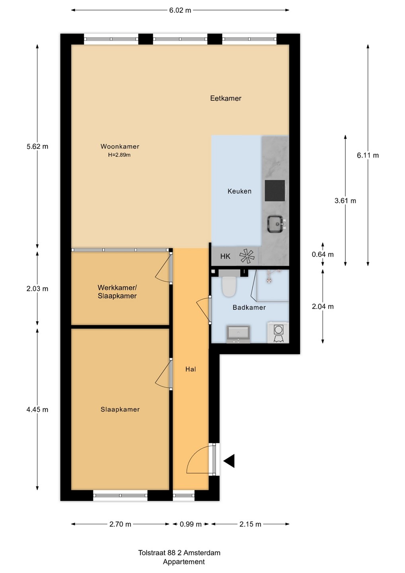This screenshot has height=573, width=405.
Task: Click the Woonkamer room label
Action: coord(120,146)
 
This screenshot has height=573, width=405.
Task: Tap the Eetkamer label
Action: coord(226,99)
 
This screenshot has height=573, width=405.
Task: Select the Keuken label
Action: coord(239,191)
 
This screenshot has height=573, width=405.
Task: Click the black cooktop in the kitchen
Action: coord(275,191)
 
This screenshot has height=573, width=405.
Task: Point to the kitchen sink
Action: coord(276,224)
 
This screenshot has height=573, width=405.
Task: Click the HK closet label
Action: coord(225,256)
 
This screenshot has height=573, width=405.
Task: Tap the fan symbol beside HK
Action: coord(247,256)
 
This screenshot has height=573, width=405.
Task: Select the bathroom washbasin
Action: coord(238,334)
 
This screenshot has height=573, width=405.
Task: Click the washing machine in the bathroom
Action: coord(278,332)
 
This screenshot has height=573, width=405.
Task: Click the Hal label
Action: coord(191,369)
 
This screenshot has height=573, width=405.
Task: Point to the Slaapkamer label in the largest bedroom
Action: coord(120,409)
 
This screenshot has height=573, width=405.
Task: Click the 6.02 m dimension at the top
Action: coord(180,10)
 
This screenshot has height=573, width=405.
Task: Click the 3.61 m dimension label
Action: coord(345,201)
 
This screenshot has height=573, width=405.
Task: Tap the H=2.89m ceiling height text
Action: coord(119,155)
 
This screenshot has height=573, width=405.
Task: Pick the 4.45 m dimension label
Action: coord(37,409)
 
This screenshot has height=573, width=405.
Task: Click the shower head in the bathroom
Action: coord(269,281)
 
